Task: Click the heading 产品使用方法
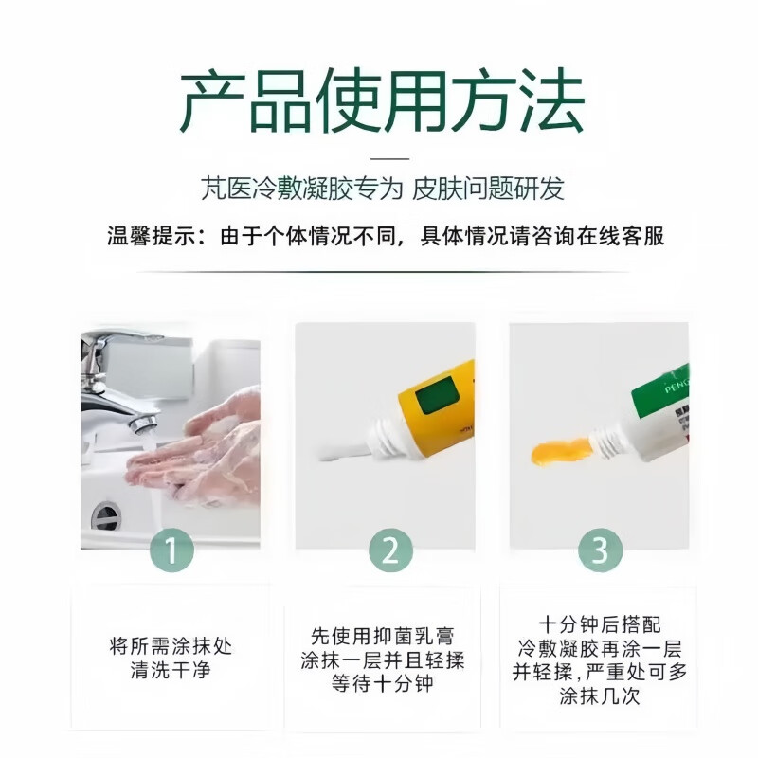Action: point(382,100)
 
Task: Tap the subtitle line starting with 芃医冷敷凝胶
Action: point(383,188)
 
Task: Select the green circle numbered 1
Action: point(171,550)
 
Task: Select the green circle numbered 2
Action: point(390,550)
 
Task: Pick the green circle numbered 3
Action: point(600,550)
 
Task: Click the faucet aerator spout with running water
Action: point(142,424)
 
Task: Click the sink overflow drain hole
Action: point(106,516)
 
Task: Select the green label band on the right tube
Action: point(659,390)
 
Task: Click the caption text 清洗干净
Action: point(171,671)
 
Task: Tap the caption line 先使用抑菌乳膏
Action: point(382,636)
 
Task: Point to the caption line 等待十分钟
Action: point(382,684)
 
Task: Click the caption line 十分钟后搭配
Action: point(600,624)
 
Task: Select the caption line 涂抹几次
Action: point(600,696)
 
